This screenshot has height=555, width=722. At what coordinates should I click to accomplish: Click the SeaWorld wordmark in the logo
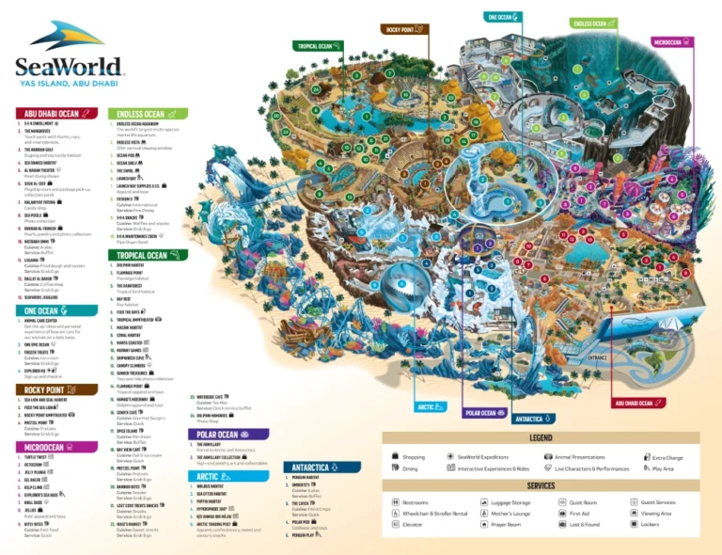69,66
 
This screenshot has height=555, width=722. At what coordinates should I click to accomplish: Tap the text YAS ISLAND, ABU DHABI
69,82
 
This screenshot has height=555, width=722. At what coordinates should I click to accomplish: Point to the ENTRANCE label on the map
598,358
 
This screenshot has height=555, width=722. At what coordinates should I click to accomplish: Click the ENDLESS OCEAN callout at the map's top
594,23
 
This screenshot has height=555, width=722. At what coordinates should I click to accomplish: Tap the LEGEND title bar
541,437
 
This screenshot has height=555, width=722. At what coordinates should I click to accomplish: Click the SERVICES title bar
541,486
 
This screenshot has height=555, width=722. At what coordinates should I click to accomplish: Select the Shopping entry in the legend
414,456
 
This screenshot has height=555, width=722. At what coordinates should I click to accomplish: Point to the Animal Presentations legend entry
580,456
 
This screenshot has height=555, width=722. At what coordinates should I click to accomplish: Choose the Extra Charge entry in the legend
667,457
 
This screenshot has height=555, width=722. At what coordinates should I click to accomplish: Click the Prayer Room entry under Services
506,525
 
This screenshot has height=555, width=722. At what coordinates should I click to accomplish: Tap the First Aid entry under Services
580,514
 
